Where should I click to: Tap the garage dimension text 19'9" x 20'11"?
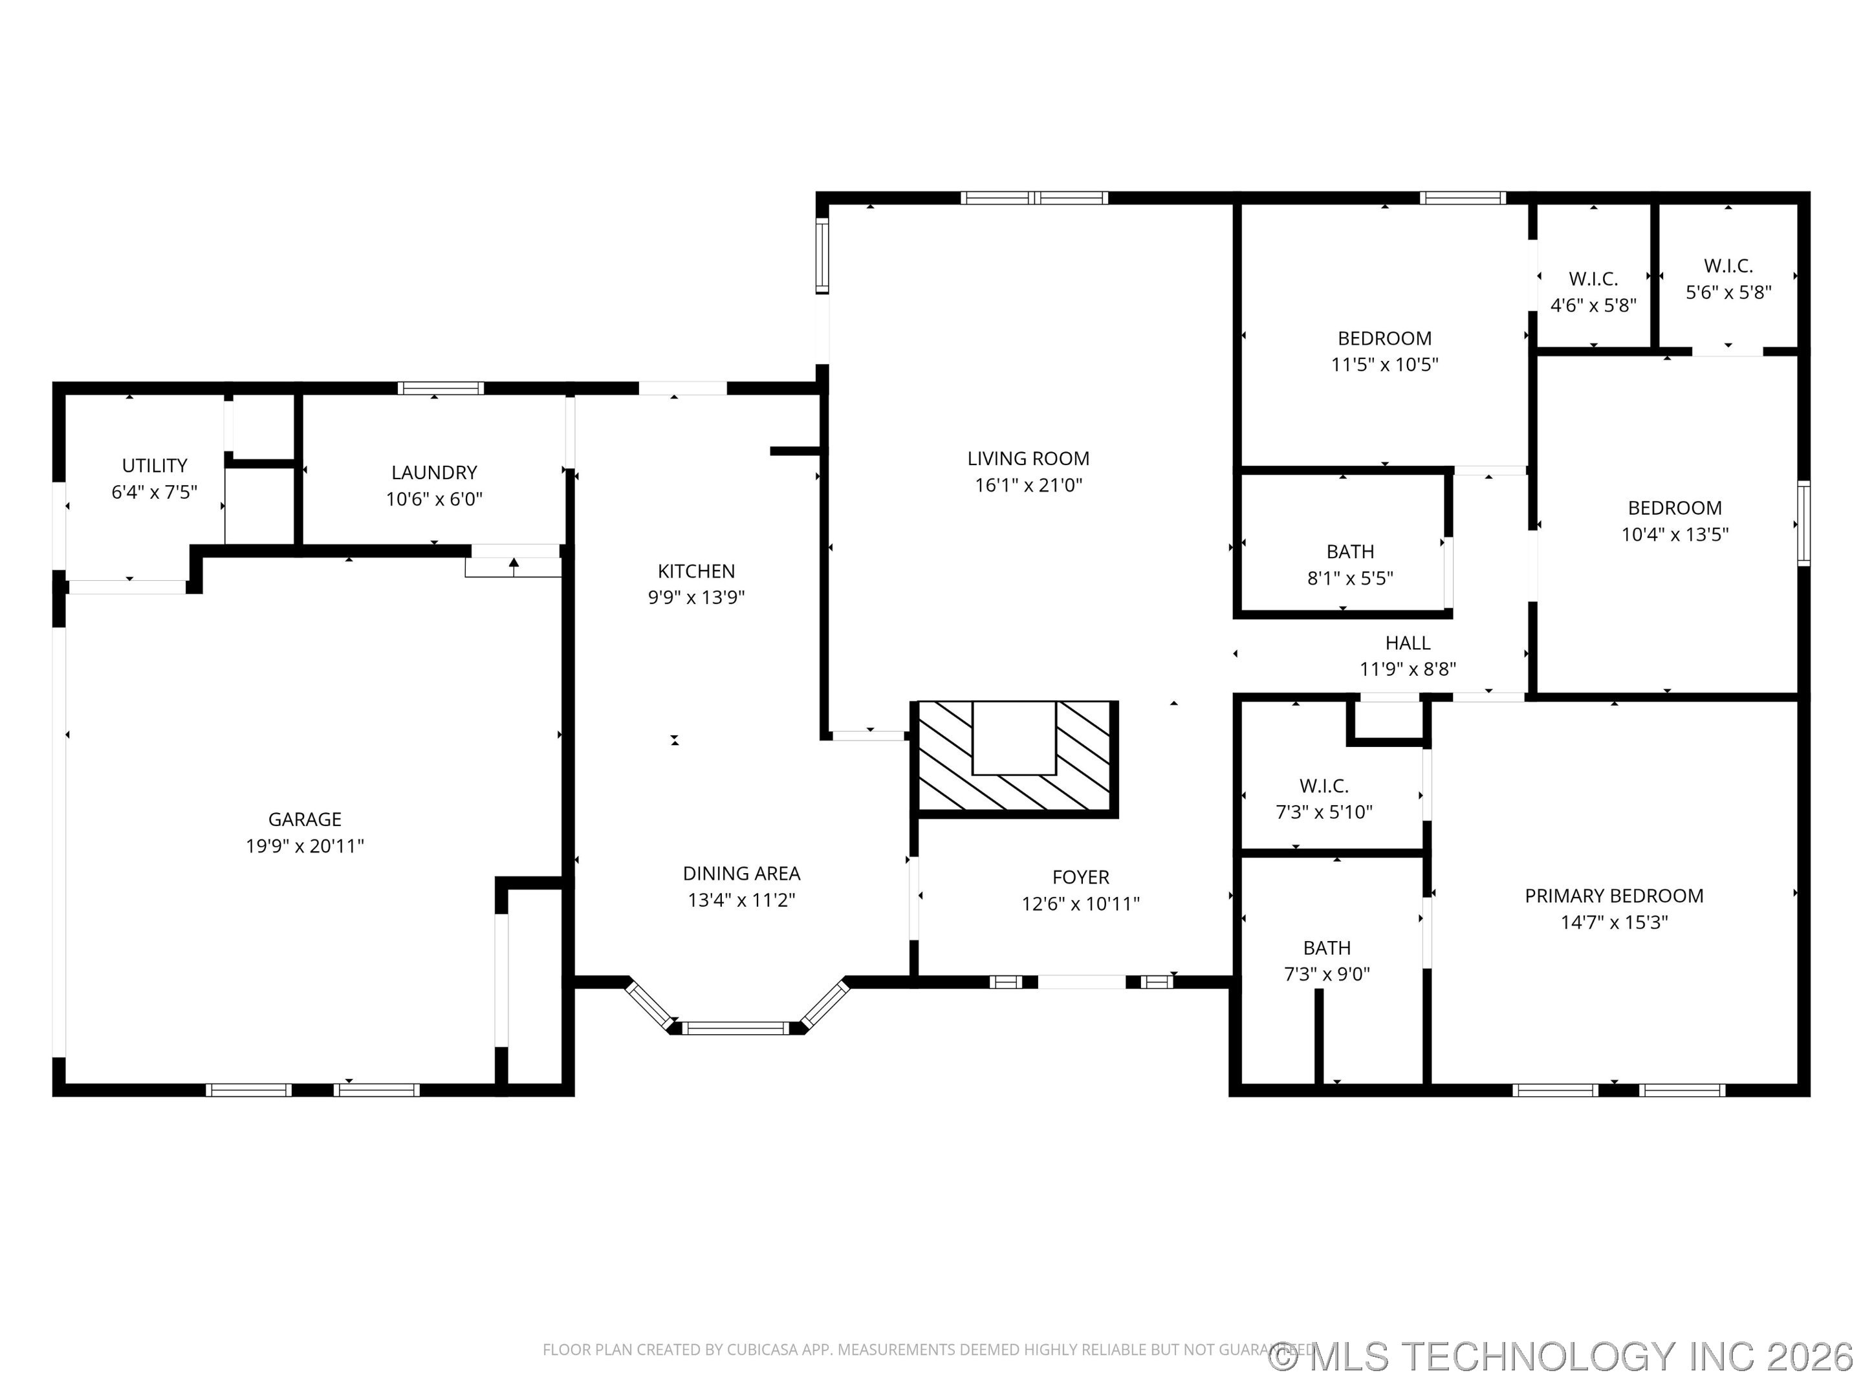304,845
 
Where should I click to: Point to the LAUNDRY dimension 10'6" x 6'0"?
434,499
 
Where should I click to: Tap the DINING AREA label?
741,873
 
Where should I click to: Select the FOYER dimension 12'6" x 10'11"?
1080,904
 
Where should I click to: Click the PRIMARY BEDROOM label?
1614,896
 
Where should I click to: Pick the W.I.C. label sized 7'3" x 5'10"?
1324,786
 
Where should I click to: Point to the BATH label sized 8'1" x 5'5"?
1350,552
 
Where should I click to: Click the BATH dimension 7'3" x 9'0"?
1327,974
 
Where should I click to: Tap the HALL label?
1408,644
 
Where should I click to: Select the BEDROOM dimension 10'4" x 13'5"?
1674,534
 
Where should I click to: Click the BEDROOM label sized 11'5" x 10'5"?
1384,338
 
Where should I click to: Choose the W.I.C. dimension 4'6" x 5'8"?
1593,305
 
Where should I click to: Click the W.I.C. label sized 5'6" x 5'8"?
1728,266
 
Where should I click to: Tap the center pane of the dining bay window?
735,1027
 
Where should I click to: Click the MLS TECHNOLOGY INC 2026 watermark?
1562,1356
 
